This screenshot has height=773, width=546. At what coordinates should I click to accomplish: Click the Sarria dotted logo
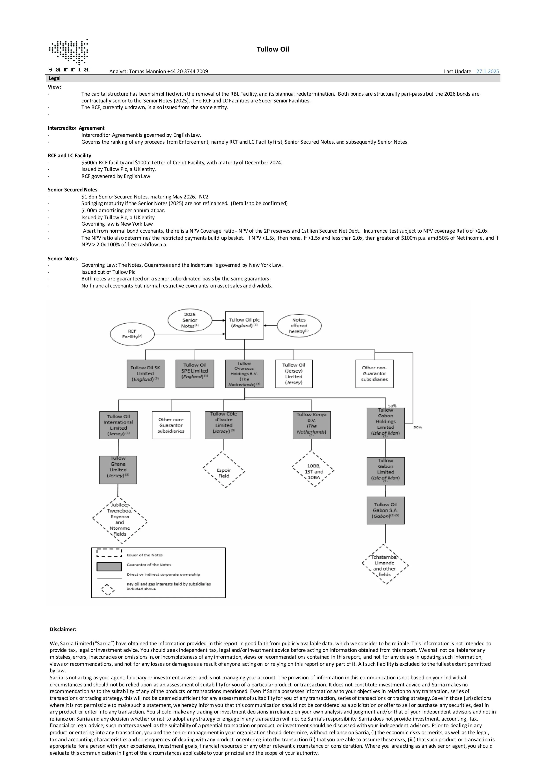(x=69, y=52)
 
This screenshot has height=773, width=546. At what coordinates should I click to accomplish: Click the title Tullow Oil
(x=273, y=50)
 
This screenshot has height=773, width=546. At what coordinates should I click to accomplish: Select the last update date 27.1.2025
(x=487, y=71)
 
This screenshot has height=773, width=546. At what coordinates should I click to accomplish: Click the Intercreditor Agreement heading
(x=76, y=128)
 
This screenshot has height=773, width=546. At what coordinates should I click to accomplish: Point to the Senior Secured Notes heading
(x=72, y=189)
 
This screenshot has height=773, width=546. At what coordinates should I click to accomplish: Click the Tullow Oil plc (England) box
(x=244, y=325)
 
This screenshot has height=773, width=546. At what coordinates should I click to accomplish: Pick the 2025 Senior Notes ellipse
(x=190, y=320)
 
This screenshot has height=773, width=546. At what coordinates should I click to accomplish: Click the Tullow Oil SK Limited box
(x=145, y=374)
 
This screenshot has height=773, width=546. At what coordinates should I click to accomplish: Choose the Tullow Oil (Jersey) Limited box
(x=294, y=374)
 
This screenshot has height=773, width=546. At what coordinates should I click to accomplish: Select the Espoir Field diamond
(x=224, y=470)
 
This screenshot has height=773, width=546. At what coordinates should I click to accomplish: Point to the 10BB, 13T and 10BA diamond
(x=313, y=469)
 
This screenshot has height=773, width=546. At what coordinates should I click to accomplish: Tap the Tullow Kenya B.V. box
(x=312, y=425)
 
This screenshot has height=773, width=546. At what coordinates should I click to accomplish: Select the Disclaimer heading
(x=63, y=629)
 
